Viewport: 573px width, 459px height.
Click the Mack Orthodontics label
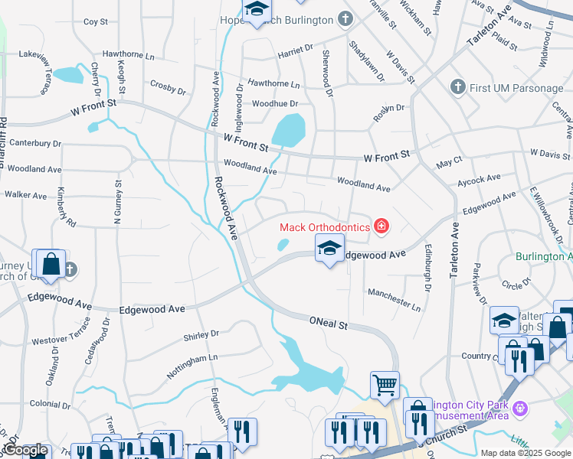[325, 226]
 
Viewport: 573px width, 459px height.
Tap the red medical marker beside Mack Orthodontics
[381, 226]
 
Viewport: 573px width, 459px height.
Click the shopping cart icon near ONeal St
[385, 384]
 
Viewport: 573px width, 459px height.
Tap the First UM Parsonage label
[517, 88]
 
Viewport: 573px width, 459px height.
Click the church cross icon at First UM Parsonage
[459, 87]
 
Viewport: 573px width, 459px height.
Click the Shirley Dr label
[201, 334]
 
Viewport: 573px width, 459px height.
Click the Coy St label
[96, 22]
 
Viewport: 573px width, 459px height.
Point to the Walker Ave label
[26, 196]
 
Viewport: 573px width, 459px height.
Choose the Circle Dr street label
[516, 285]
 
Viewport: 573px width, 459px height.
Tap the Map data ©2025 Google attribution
[525, 453]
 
